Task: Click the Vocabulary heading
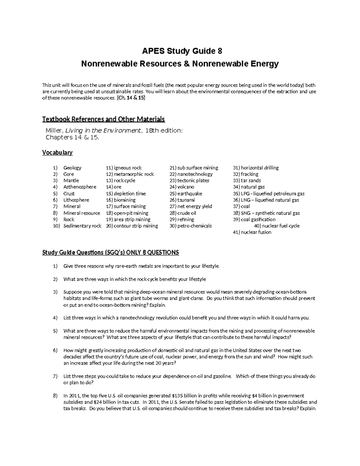[x=57, y=152]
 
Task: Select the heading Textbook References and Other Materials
[x=103, y=119]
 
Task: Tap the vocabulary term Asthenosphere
[x=80, y=187]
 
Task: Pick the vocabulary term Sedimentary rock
[x=82, y=226]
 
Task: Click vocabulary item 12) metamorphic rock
[x=130, y=174]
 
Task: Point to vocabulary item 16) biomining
[x=121, y=200]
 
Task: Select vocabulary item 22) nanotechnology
[x=191, y=174]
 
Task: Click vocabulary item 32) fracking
[x=245, y=174]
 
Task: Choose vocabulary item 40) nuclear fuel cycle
[x=277, y=226]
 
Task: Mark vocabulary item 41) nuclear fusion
[x=252, y=232]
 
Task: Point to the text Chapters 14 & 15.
[x=72, y=137]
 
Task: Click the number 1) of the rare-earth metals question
[x=55, y=266]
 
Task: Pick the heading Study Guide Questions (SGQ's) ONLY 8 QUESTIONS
[x=110, y=252]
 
